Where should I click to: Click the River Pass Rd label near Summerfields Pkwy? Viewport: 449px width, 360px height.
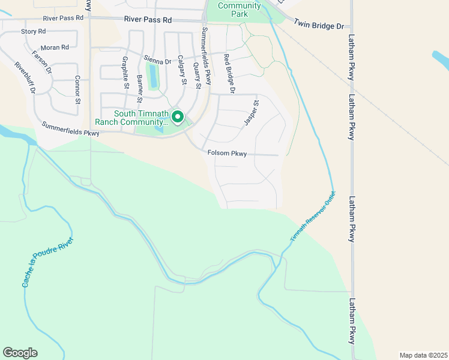[148, 20]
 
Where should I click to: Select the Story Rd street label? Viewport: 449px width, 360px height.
[34, 31]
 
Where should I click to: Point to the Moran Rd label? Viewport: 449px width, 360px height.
[55, 47]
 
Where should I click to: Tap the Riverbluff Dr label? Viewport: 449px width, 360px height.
[26, 78]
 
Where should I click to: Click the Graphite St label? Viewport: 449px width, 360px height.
[125, 73]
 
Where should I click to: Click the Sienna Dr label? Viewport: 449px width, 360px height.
[157, 60]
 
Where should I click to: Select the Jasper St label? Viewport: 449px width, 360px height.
[251, 113]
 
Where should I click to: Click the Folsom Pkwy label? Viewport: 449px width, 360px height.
[227, 154]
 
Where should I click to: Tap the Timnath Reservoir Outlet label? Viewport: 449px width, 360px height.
[312, 217]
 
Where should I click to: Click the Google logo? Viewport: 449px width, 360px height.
[20, 353]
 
